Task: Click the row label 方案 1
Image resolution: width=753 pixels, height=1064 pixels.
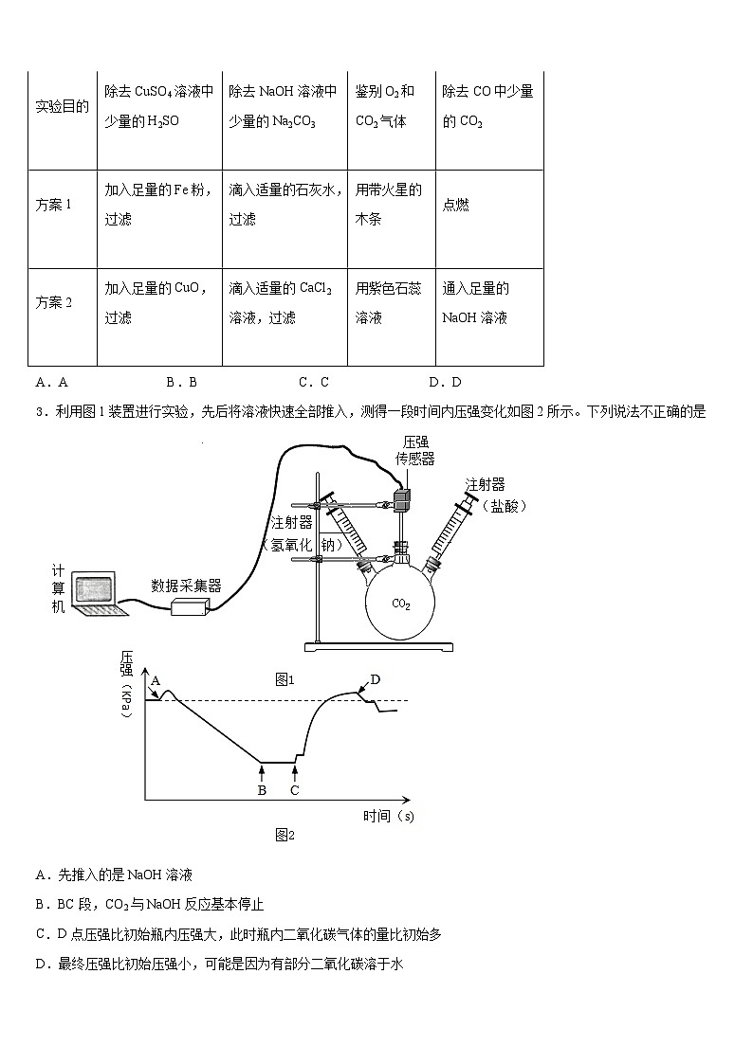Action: pyautogui.click(x=54, y=205)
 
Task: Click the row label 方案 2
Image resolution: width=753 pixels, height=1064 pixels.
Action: pyautogui.click(x=54, y=303)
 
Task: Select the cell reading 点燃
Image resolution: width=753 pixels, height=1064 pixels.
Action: pyautogui.click(x=455, y=205)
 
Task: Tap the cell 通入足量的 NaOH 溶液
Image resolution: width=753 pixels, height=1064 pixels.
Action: pyautogui.click(x=475, y=303)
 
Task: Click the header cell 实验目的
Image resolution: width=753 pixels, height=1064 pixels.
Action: pyautogui.click(x=62, y=106)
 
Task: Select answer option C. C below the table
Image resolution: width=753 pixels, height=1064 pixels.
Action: pyautogui.click(x=313, y=383)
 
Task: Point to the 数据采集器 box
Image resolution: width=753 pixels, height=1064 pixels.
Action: pyautogui.click(x=189, y=607)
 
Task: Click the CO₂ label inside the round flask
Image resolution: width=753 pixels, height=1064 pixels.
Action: pyautogui.click(x=401, y=604)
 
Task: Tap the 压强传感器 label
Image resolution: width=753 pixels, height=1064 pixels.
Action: pyautogui.click(x=414, y=450)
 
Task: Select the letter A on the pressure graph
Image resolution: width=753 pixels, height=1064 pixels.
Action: pyautogui.click(x=156, y=680)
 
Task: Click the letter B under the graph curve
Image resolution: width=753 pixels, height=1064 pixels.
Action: pyautogui.click(x=262, y=789)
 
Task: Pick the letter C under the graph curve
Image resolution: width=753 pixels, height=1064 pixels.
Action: pyautogui.click(x=294, y=789)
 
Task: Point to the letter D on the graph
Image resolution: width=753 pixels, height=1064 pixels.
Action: pyautogui.click(x=375, y=679)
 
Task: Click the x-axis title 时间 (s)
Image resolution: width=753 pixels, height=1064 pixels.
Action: pyautogui.click(x=388, y=815)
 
